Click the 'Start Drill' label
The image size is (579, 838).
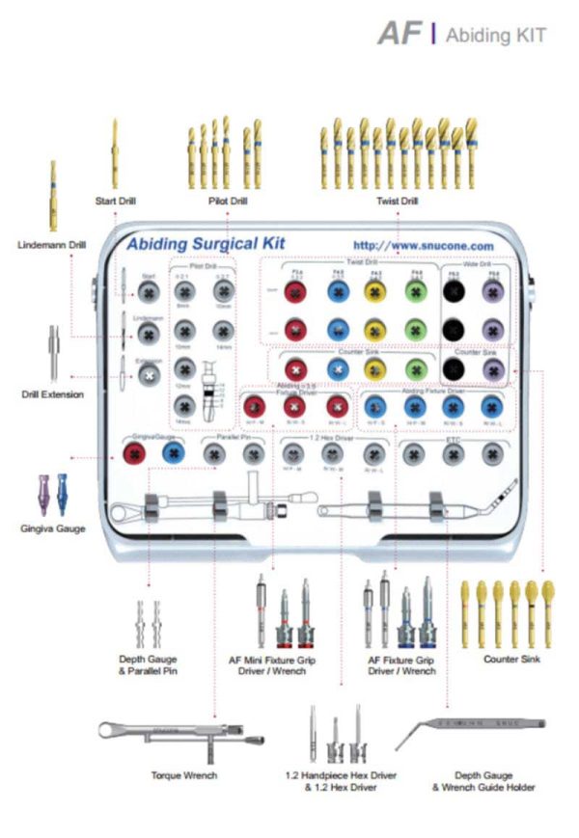[x=115, y=202]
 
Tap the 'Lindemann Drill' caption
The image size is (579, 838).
[x=51, y=245]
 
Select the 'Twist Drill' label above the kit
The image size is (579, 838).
[x=397, y=202]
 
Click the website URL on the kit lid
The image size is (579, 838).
[x=424, y=247]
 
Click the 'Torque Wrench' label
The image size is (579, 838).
[x=184, y=774]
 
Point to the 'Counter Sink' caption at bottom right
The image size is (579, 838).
[x=511, y=659]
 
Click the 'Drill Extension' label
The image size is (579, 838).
[x=52, y=394]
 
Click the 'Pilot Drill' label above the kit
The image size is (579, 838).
[x=228, y=202]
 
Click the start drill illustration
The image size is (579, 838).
[x=114, y=154]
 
